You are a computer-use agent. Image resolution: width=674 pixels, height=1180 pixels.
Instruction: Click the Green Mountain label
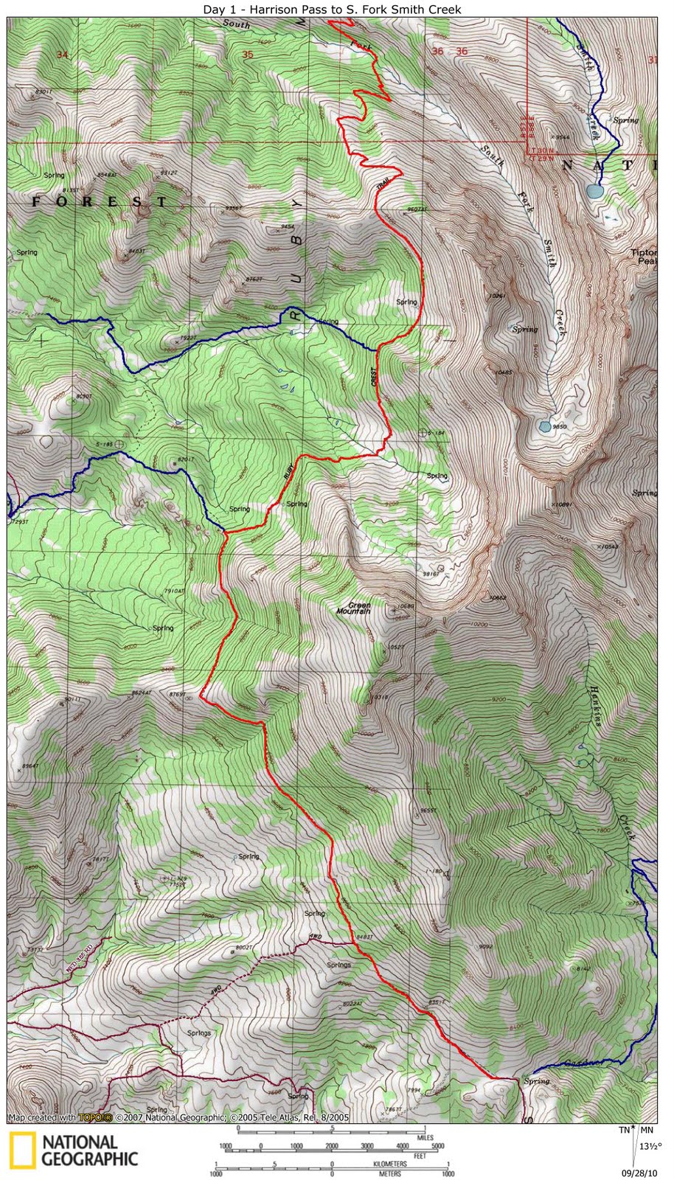click(353, 608)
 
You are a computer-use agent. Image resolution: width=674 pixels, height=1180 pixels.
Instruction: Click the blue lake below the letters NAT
click(594, 192)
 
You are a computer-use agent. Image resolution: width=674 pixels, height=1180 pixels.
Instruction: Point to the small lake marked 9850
click(544, 426)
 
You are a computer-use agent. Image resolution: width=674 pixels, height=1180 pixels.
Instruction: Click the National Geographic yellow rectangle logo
click(23, 1151)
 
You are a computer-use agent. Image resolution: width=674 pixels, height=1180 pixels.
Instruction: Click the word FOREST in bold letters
click(99, 201)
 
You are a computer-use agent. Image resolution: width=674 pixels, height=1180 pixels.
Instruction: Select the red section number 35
click(247, 54)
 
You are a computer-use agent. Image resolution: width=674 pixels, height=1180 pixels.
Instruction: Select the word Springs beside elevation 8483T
click(338, 964)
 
